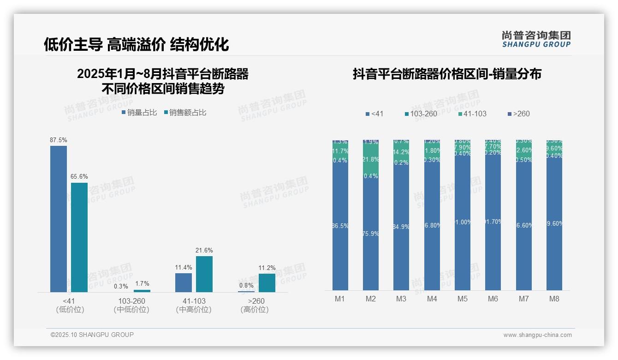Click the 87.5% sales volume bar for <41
tap(59, 219)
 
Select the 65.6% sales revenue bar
tap(79, 237)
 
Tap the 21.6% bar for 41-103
tap(204, 274)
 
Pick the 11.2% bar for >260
tap(267, 283)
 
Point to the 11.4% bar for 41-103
tap(184, 282)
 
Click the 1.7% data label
tap(142, 284)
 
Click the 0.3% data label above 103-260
tap(121, 286)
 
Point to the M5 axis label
tap(462, 299)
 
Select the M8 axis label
tap(554, 299)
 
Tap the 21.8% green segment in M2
tap(370, 159)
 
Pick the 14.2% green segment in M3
tap(401, 151)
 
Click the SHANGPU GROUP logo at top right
tap(536, 39)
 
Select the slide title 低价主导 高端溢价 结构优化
tap(136, 44)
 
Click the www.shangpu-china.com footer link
tap(537, 335)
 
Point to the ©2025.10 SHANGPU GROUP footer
tap(92, 335)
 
